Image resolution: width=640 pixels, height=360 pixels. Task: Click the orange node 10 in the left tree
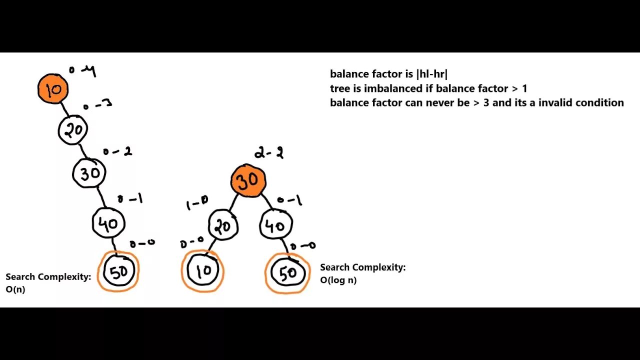coord(53,89)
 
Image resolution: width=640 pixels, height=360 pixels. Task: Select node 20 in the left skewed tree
coord(73,130)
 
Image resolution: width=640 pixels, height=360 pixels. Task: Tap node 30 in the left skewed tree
coord(89,173)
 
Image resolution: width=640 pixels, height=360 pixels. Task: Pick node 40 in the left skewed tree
coord(108,223)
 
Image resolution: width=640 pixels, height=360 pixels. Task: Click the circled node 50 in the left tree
coord(118,271)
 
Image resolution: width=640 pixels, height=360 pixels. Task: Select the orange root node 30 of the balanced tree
coord(248,181)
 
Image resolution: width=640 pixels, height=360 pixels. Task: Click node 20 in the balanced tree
coord(223,226)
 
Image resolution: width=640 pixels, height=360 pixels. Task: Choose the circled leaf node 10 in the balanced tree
coord(202,271)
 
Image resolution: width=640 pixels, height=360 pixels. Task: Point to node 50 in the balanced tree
coord(287,273)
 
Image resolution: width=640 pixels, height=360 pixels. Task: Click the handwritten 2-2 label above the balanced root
coord(268,153)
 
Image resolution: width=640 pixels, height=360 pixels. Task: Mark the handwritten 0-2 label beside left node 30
coord(117,151)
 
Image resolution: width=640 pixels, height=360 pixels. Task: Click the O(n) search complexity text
coord(15,289)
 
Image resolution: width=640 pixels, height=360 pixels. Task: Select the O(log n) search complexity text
coord(338,280)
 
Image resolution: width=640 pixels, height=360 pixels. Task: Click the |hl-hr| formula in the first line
coord(431,74)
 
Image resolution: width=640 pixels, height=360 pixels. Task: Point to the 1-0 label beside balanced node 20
coord(196,202)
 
